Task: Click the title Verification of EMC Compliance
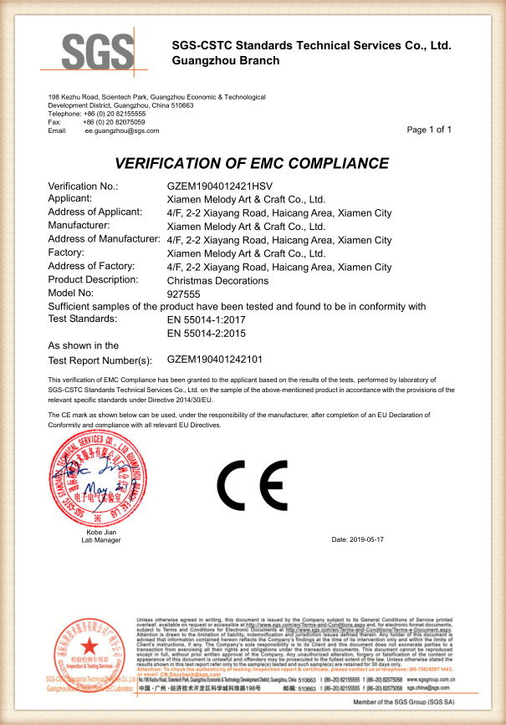pos(252,163)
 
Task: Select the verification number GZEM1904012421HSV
pos(220,186)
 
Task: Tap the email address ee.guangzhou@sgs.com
pos(121,131)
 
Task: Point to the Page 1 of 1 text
pos(429,130)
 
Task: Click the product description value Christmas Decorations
pos(217,280)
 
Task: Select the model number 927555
pos(184,294)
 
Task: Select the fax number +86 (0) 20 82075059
pos(114,122)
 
